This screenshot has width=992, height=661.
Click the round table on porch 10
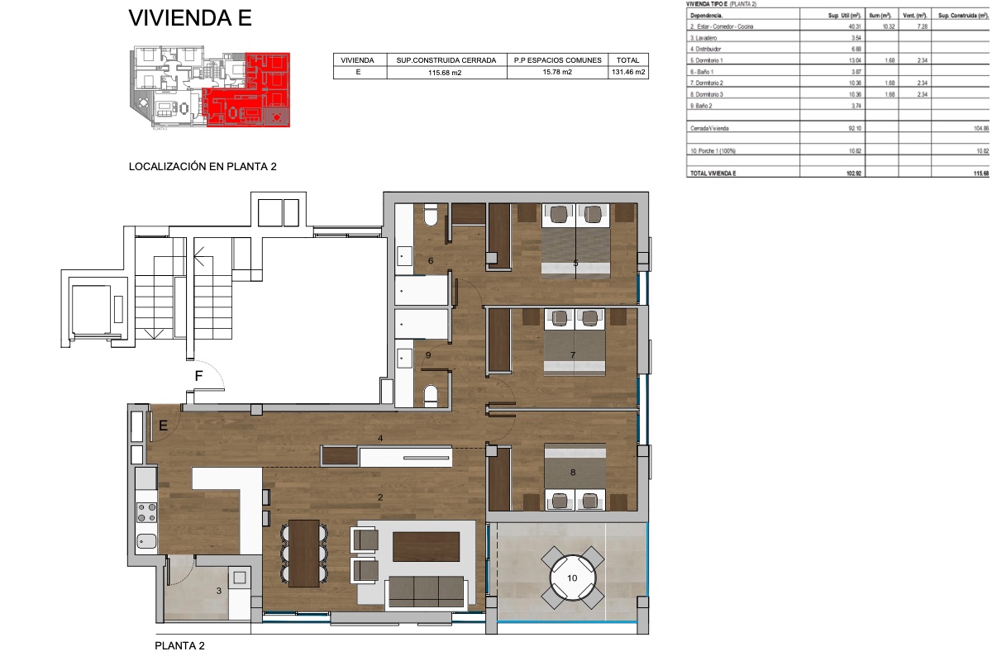point(572,578)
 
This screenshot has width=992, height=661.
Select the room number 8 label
point(572,473)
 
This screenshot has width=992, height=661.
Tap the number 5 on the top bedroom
point(575,264)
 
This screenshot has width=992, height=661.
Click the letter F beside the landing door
point(198,377)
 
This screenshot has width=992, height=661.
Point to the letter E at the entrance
point(164,426)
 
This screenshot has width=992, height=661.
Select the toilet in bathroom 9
point(430,396)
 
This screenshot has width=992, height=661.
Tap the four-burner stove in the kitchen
point(146,512)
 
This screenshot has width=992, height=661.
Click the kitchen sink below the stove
point(146,542)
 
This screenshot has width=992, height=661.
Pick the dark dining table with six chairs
point(305,551)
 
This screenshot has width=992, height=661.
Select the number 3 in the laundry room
point(218,591)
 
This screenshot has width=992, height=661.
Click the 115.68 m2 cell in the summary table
point(446,72)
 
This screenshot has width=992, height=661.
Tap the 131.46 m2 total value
point(628,72)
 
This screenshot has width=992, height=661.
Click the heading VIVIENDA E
point(190,19)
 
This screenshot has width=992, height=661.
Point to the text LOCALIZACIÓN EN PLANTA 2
point(203,166)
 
